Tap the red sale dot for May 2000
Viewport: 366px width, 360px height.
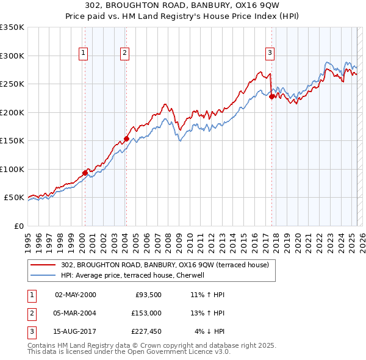click(85, 173)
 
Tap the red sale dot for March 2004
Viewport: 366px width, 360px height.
click(126, 139)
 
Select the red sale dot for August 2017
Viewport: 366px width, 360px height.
click(271, 96)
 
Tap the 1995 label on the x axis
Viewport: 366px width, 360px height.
click(27, 239)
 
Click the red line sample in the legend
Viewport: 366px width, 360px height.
click(43, 265)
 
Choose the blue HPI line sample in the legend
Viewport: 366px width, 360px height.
click(43, 275)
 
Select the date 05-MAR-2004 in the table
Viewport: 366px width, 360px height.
click(75, 313)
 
